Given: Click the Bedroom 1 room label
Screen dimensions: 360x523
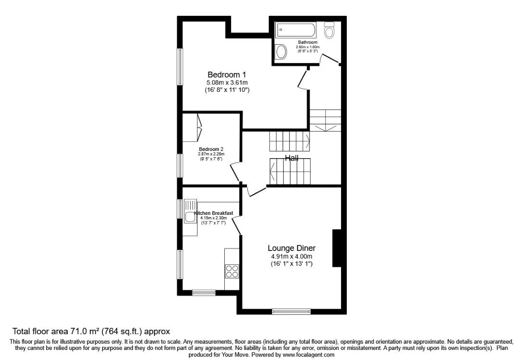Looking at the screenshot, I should click(227, 74).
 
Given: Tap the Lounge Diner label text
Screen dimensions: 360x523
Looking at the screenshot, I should click(292, 248).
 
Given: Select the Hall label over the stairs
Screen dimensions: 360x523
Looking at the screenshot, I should click(292, 158).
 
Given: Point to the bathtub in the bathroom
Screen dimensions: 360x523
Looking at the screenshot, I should click(296, 32).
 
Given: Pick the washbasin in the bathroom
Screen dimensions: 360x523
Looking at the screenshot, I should click(280, 51).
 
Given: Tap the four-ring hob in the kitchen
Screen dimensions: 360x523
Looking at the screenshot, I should click(232, 271).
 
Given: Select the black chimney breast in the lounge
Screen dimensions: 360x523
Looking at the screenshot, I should click(337, 248).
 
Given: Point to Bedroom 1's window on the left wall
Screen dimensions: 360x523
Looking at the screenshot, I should click(180, 67).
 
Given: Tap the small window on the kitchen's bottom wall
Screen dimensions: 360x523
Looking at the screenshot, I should click(204, 292).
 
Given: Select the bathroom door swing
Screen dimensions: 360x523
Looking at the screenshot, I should click(329, 60).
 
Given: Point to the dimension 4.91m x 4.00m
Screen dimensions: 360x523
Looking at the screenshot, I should click(292, 256).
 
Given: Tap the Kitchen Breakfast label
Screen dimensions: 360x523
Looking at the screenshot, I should click(214, 213).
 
